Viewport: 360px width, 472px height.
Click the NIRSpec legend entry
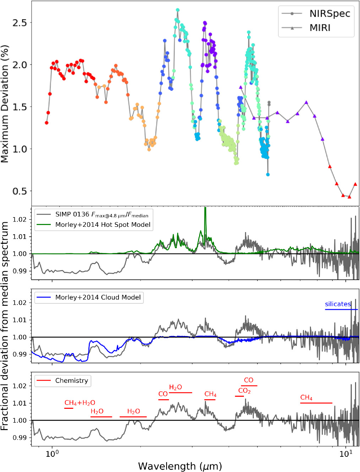(329, 13)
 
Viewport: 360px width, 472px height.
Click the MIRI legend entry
(320, 28)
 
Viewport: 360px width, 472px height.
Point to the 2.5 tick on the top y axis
(20, 23)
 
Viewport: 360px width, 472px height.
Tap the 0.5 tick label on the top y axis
(20, 191)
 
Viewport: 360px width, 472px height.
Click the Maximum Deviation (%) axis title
(5, 104)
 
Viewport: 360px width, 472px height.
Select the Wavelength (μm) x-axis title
(180, 466)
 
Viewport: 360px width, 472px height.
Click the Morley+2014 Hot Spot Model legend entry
(103, 225)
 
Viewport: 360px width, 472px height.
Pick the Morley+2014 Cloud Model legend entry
(98, 297)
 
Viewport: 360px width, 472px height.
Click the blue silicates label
(338, 304)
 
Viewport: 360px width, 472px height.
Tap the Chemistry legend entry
(71, 380)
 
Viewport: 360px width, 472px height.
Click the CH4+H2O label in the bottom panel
(80, 403)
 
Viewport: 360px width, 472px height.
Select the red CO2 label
(244, 391)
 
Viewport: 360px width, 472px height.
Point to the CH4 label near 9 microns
(306, 397)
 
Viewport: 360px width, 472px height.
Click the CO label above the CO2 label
(249, 380)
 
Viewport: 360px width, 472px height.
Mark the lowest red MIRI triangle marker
(349, 197)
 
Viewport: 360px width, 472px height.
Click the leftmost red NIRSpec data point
(47, 123)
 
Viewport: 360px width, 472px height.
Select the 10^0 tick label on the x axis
(52, 454)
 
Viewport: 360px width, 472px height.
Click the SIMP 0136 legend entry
(102, 215)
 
